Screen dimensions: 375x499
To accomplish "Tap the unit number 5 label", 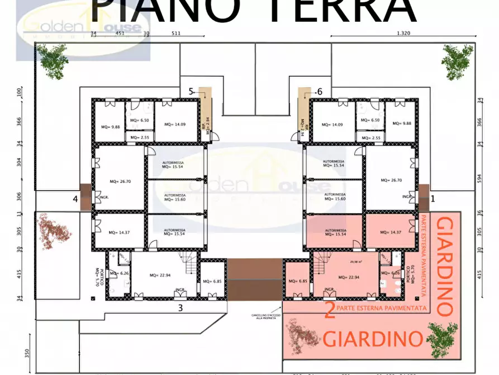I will click(191, 91).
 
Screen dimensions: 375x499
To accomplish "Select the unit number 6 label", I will click(320, 91).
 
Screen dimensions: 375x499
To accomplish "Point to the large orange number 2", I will click(330, 310).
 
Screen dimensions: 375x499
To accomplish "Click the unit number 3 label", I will click(180, 307).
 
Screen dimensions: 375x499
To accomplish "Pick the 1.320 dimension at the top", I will click(403, 33).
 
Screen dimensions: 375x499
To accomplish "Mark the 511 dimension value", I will click(176, 33).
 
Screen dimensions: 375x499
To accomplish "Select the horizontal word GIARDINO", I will click(373, 339).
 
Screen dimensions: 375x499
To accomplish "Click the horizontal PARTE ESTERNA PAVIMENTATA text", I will click(383, 308).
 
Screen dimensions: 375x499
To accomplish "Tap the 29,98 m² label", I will click(355, 261).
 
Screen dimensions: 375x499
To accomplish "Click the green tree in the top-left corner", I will click(53, 60).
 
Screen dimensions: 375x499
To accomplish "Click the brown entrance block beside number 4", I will click(85, 197).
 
